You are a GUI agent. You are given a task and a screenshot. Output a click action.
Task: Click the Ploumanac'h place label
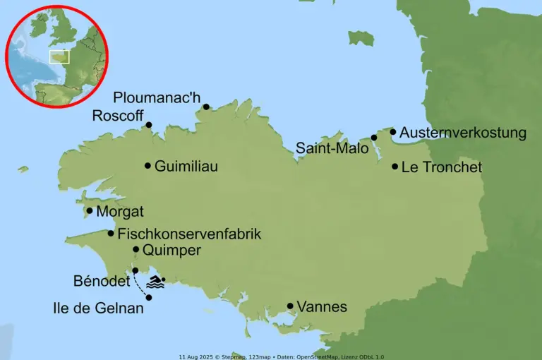coord(157,97)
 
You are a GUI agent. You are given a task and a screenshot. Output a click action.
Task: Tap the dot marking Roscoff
coord(149,126)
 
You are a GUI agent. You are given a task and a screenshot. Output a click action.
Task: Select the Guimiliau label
coord(186,167)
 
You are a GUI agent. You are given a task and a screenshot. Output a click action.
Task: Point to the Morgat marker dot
coord(90,210)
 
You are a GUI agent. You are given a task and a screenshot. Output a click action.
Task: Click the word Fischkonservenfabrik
coord(189,234)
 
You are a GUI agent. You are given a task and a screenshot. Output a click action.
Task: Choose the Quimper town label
coord(171,250)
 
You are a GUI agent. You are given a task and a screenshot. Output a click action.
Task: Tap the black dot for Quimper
coord(136,249)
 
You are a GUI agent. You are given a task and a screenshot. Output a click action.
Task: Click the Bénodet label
coord(101,281)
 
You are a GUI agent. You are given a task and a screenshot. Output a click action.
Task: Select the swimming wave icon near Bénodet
coord(155,283)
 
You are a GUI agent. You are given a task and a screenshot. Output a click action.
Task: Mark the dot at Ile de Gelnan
coord(149,297)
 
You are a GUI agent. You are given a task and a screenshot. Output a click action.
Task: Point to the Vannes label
coord(322,306)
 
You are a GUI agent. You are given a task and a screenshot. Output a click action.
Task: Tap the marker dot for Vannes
coord(290,306)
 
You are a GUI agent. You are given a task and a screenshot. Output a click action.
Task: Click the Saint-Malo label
coord(332,148)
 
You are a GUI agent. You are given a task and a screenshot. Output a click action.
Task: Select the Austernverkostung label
coord(463,133)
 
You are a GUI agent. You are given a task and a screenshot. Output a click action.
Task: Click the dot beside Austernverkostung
coord(393,131)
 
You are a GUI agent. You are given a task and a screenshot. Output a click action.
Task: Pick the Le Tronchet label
coord(441,167)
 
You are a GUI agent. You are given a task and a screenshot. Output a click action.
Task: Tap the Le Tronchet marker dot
coord(395,167)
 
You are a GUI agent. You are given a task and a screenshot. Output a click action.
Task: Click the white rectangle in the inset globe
coord(59,56)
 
